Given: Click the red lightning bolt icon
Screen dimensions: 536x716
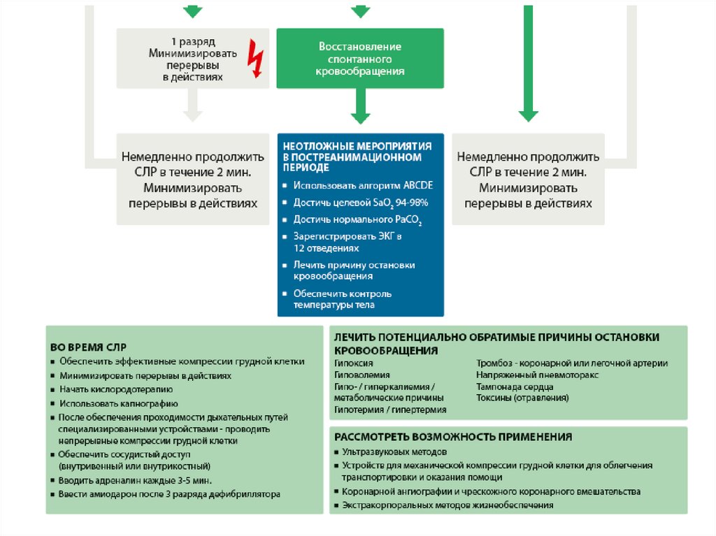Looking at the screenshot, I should [x=257, y=61].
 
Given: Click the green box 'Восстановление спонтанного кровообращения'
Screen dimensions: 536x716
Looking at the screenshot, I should [x=360, y=59].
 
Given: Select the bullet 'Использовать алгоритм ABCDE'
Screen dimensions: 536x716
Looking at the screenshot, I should [x=363, y=185].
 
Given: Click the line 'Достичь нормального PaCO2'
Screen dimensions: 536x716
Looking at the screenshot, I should [x=357, y=219].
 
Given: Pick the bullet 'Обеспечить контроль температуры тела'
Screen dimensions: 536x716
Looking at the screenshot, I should [x=342, y=299].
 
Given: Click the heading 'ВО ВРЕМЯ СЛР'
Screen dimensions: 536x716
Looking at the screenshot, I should [x=88, y=347].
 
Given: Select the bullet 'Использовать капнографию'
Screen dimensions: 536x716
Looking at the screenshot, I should [x=118, y=403].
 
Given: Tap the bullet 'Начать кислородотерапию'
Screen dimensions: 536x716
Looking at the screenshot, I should [x=115, y=389].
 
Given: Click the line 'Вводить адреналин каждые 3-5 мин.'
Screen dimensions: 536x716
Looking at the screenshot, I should [x=135, y=480].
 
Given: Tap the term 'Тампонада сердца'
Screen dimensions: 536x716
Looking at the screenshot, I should [x=515, y=386].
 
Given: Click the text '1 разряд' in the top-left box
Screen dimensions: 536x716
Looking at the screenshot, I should [x=192, y=41].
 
